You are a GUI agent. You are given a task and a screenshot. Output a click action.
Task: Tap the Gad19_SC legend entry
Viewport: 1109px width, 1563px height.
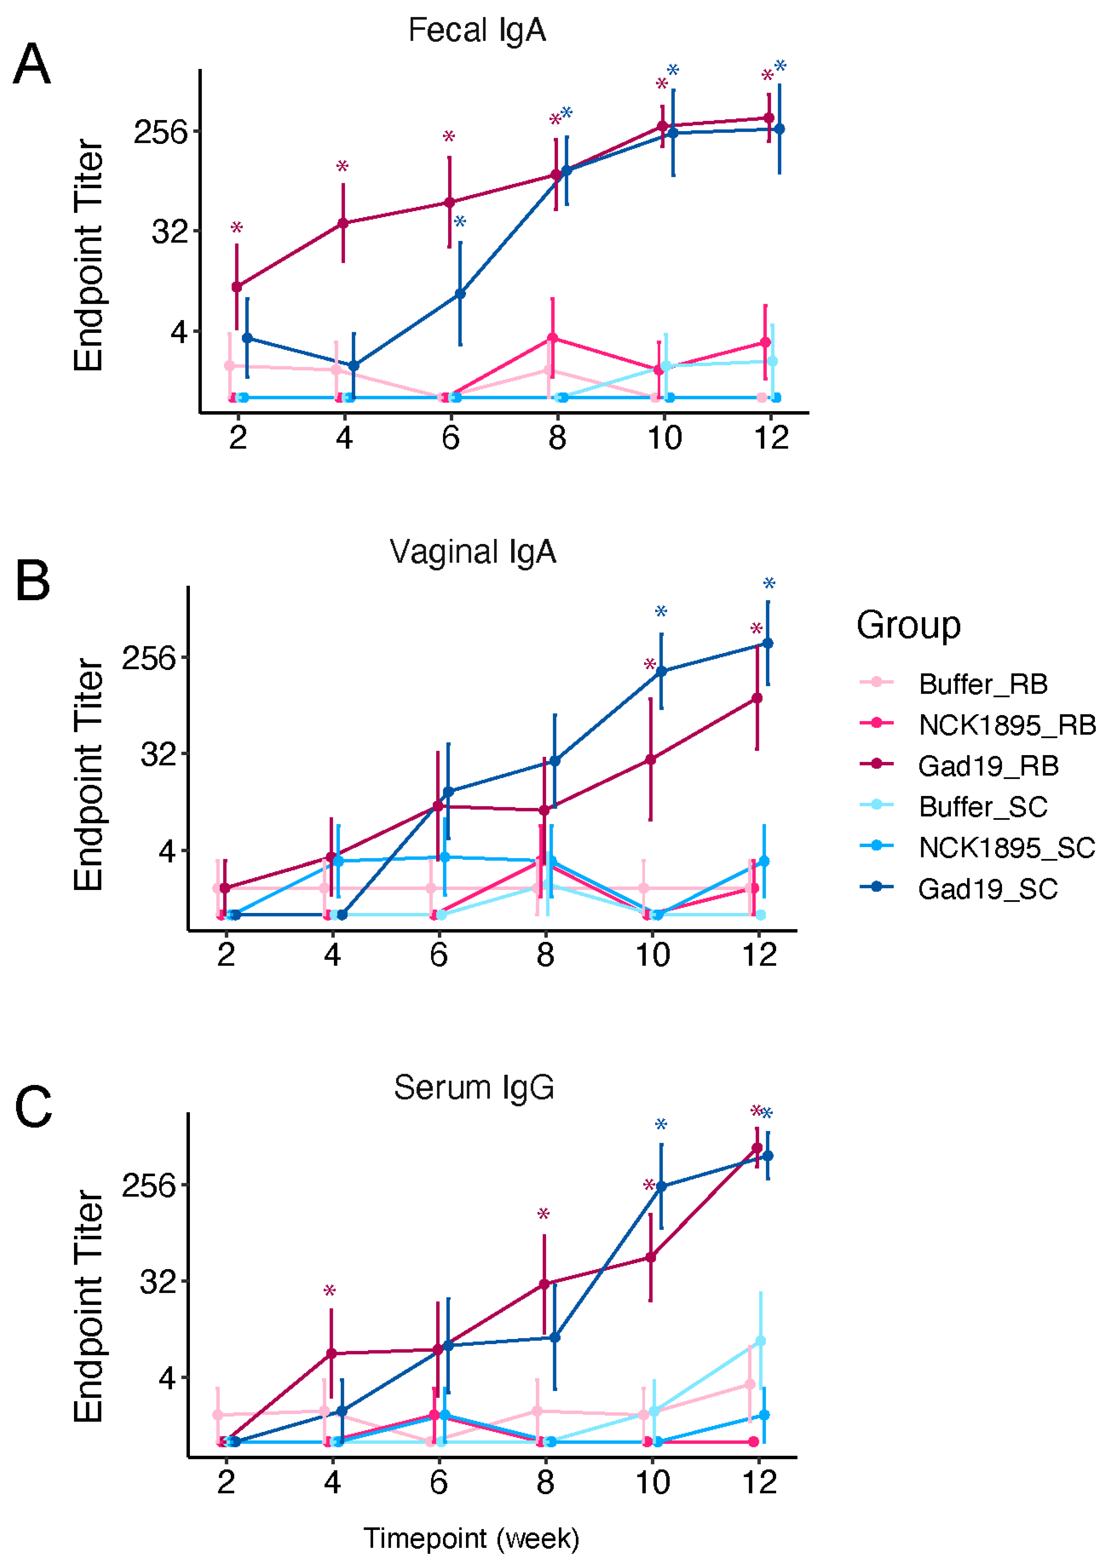(x=987, y=889)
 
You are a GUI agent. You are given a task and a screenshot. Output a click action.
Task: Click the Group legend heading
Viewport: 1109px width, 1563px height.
(x=908, y=625)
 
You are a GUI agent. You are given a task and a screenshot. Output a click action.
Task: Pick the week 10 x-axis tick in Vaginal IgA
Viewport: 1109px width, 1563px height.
(x=652, y=954)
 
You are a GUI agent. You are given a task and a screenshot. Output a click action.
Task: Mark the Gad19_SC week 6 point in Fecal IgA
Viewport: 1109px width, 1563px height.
(x=460, y=294)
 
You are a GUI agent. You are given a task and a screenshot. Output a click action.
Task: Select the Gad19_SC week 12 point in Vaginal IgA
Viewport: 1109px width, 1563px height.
(x=768, y=643)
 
